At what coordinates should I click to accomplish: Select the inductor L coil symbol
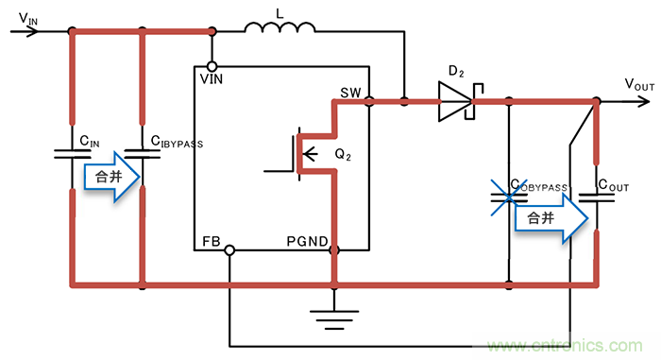pyautogui.click(x=280, y=30)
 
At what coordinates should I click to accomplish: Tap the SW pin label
pyautogui.click(x=351, y=94)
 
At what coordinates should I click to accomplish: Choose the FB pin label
pyautogui.click(x=212, y=243)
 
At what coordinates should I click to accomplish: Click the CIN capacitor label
pyautogui.click(x=90, y=141)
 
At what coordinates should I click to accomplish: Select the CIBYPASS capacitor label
pyautogui.click(x=177, y=142)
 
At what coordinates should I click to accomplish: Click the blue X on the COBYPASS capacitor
pyautogui.click(x=510, y=197)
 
